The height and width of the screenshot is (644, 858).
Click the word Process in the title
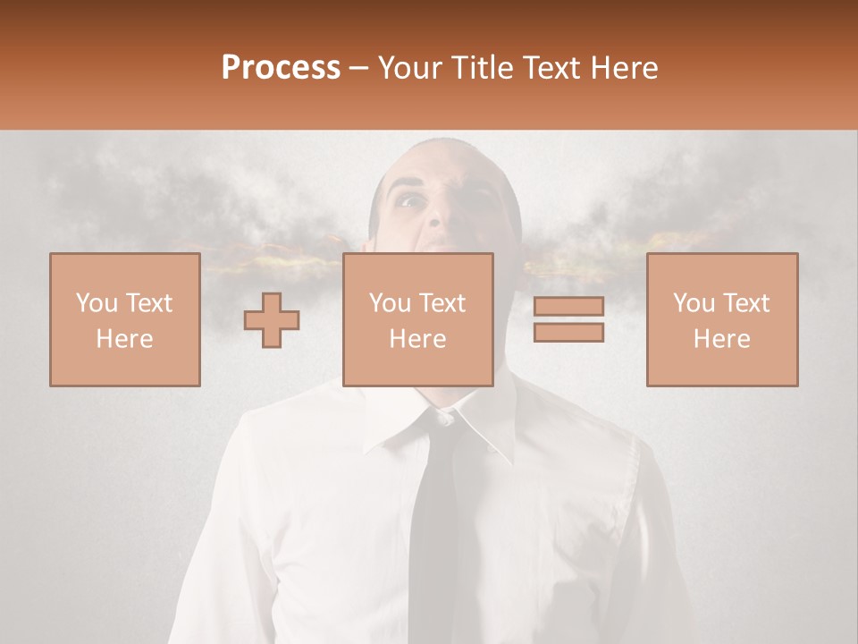(x=281, y=68)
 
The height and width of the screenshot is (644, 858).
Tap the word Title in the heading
(x=482, y=68)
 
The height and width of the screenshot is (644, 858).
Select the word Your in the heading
(x=411, y=68)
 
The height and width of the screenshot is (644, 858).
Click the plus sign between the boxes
(x=272, y=319)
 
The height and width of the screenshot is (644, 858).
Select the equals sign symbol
(x=568, y=319)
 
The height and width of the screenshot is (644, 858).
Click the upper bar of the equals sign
(x=568, y=307)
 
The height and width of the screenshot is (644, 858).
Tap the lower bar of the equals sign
(x=568, y=333)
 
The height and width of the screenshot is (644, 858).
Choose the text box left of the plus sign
(x=124, y=319)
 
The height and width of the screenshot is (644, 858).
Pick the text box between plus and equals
(x=417, y=319)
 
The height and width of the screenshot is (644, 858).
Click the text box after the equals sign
(x=721, y=319)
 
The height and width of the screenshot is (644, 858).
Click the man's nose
(x=436, y=215)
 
